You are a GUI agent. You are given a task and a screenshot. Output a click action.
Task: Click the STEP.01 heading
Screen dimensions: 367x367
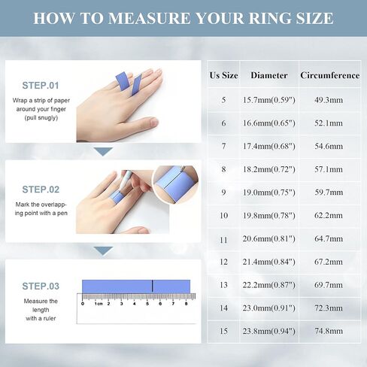(41, 86)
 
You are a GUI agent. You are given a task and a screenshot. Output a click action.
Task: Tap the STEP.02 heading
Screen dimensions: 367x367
(41, 190)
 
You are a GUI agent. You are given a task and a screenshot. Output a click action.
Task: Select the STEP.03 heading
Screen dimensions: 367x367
(41, 286)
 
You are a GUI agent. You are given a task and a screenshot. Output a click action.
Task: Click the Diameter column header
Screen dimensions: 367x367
(269, 75)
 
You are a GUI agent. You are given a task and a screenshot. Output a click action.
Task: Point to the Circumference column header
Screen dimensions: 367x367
(330, 75)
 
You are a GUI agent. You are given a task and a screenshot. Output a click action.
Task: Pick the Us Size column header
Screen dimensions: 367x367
(223, 75)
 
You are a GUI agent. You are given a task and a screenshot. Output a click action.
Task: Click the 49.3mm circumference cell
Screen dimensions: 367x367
(329, 100)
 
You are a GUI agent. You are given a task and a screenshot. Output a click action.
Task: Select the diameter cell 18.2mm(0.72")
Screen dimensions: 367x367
(269, 169)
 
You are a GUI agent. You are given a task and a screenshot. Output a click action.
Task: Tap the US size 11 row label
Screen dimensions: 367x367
(223, 240)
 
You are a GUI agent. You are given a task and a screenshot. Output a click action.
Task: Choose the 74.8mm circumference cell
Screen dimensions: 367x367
(329, 331)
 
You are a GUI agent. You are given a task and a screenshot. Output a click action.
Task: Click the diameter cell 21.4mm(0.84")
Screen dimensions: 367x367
(269, 262)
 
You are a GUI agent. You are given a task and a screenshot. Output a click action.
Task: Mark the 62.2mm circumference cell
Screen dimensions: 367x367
(329, 216)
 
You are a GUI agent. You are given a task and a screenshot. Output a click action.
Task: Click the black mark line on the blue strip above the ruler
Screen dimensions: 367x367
(152, 286)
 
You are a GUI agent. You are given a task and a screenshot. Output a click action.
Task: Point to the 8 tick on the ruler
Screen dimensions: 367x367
(186, 304)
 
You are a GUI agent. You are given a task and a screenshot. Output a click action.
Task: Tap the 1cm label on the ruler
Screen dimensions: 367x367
(99, 304)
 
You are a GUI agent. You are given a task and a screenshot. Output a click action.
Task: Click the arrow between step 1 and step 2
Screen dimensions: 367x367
(103, 151)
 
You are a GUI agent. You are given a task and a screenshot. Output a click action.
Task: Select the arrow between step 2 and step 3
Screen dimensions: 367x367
(103, 250)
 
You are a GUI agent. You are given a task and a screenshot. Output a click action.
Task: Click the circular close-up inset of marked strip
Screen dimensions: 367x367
(175, 184)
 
